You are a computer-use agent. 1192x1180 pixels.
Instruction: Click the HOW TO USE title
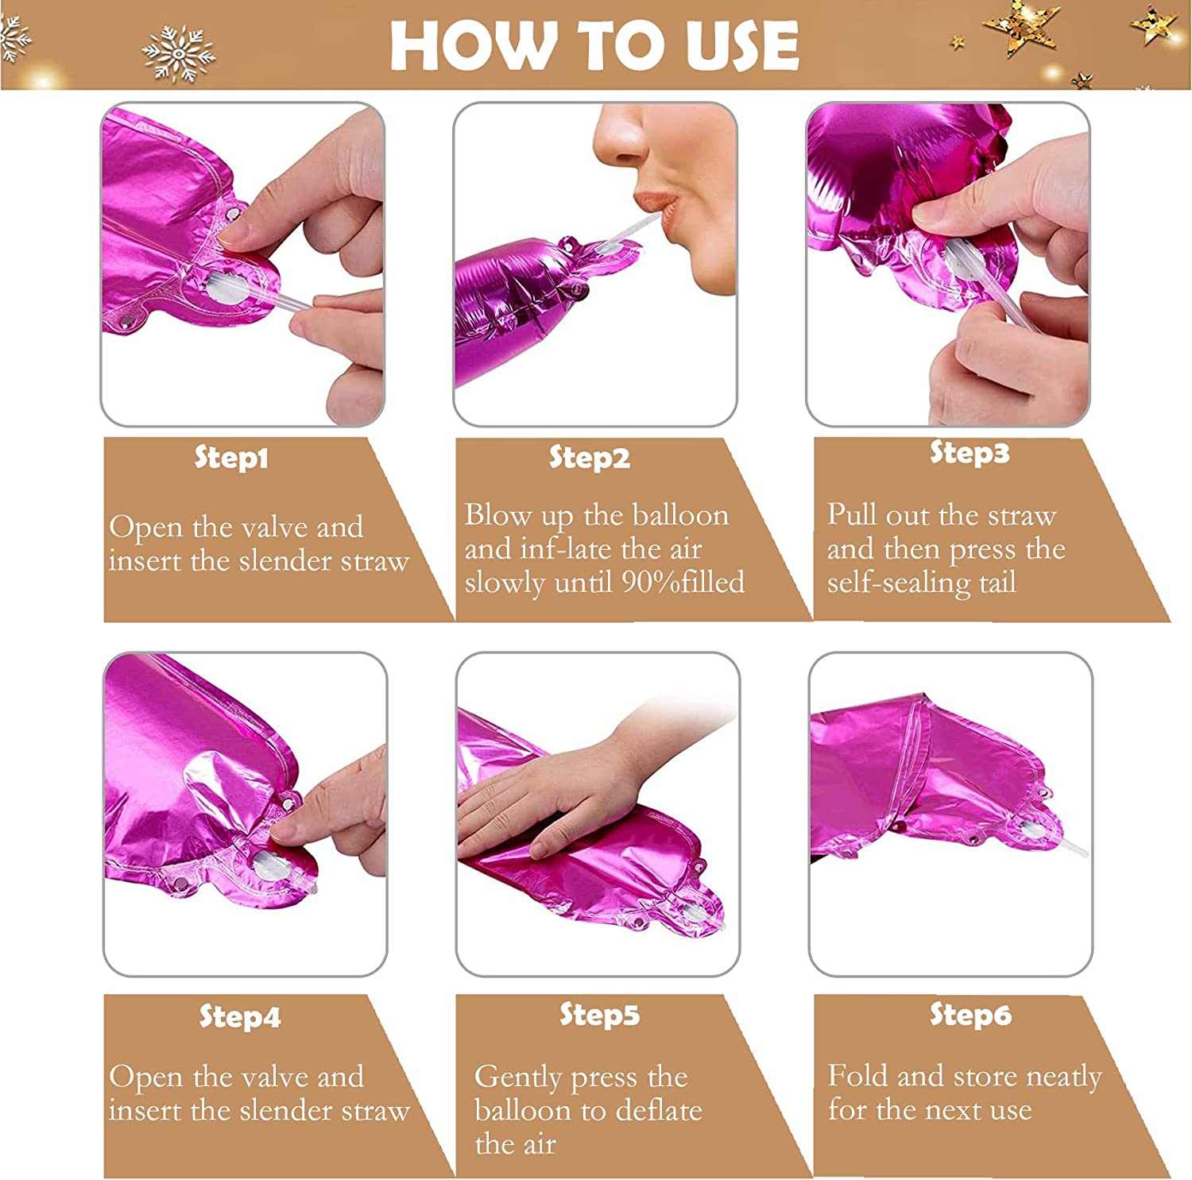tap(594, 45)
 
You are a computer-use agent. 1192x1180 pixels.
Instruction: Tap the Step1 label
tap(231, 458)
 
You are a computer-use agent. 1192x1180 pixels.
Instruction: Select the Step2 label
tap(590, 458)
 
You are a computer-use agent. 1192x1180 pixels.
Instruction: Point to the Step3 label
tap(969, 453)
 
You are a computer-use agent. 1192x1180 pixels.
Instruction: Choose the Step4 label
tap(239, 1016)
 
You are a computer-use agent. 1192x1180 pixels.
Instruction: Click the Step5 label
tap(599, 1015)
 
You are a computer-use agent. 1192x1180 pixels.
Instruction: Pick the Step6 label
tap(970, 1015)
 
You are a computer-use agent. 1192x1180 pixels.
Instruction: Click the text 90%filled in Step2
tap(683, 582)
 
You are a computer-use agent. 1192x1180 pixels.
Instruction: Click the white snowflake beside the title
tap(179, 53)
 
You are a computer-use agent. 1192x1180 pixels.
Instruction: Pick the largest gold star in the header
tap(1022, 29)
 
